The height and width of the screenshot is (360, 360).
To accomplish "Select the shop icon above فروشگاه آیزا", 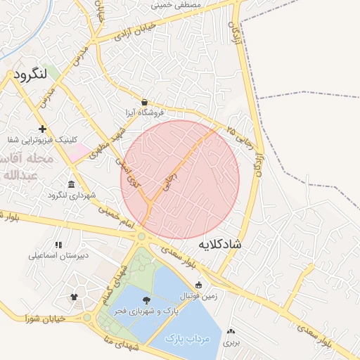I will tap(144, 102).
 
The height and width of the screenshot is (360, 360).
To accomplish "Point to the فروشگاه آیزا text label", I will tap(144, 112).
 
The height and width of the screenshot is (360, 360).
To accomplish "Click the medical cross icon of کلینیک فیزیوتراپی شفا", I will tap(43, 129).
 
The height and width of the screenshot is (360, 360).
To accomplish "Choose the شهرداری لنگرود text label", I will tap(82, 195).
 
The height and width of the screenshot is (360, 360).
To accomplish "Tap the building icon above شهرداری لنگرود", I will tap(72, 185).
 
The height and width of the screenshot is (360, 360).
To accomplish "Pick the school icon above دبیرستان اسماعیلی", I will tap(58, 245).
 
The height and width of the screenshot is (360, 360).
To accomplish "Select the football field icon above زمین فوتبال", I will tap(199, 285).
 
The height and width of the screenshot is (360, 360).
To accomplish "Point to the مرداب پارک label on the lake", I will tap(188, 338).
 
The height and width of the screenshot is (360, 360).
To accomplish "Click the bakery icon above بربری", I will tap(231, 331).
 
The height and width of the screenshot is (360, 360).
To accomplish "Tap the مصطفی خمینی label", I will tap(176, 5).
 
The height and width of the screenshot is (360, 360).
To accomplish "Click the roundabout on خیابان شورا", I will tap(88, 318).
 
